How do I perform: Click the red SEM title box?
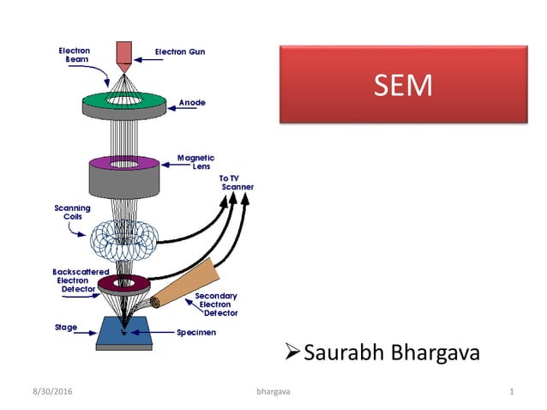pos(403,86)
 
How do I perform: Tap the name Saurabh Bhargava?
pos(391,353)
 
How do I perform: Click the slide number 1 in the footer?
pos(511,392)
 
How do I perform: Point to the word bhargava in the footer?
pos(273,392)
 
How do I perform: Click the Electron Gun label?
pos(178,52)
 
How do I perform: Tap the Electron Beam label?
pos(74,55)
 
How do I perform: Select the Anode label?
pos(192,103)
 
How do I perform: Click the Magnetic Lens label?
pos(195,161)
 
